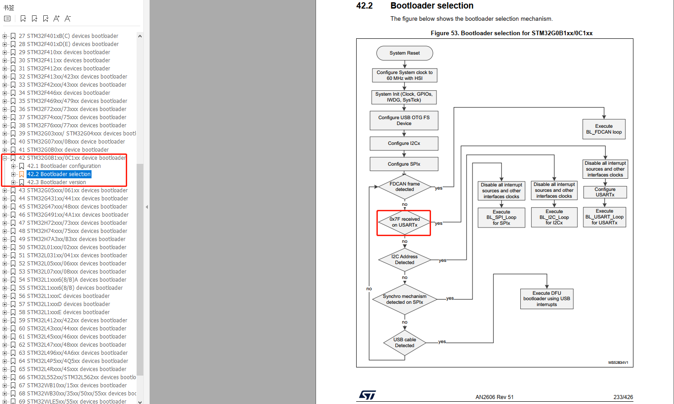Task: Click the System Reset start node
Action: tap(404, 53)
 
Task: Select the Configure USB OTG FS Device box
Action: tap(404, 121)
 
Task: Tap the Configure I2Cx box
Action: tap(404, 144)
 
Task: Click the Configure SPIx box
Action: tap(404, 164)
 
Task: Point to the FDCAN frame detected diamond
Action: tap(404, 187)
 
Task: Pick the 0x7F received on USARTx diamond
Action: tap(404, 223)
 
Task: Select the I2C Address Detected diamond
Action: tap(404, 260)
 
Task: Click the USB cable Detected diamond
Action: tap(404, 343)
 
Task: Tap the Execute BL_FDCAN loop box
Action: tap(604, 129)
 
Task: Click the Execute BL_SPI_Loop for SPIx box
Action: tap(501, 218)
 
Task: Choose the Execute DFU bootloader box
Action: tap(546, 299)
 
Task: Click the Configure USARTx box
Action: tap(605, 192)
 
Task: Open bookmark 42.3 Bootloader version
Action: tap(56, 182)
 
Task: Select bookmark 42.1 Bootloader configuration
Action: tap(64, 166)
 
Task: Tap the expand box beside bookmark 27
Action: tap(5, 36)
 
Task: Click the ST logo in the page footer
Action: tap(367, 395)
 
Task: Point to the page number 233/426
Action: tap(623, 397)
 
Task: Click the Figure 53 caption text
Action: tap(511, 33)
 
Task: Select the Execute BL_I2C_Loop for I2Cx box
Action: tap(554, 218)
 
